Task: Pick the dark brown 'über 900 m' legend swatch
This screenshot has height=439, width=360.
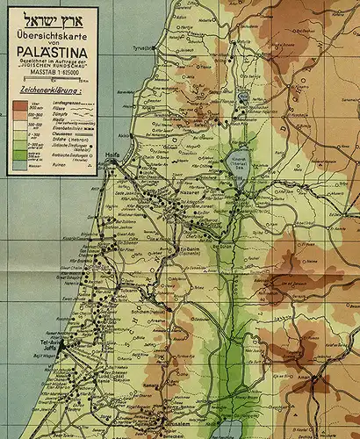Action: [x=18, y=104]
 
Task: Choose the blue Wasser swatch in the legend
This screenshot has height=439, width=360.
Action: [x=18, y=164]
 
